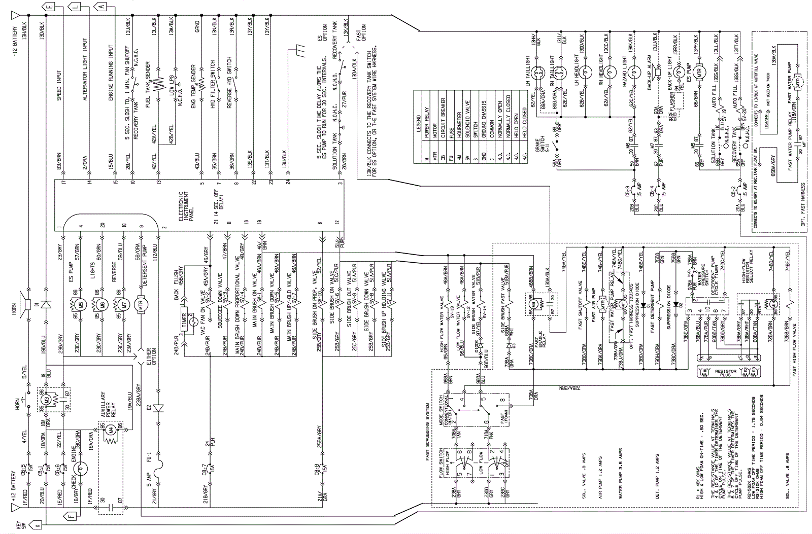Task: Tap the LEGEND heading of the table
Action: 418,124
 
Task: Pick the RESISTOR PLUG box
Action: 725,372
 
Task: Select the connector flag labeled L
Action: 76,7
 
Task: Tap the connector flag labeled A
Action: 101,7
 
